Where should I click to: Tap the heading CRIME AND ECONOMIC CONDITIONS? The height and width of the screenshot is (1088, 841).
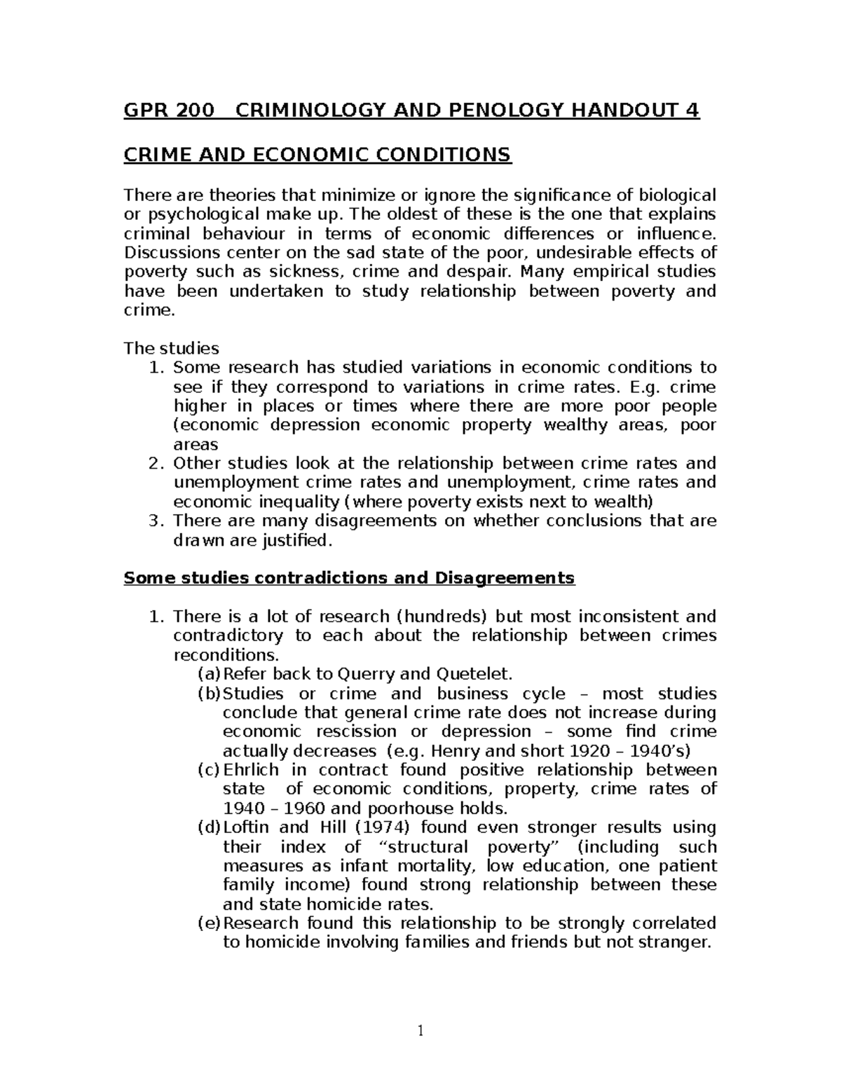coord(317,155)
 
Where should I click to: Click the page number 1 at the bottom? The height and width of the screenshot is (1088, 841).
coord(420,1031)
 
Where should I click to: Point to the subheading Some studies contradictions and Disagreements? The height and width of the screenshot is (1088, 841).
coord(348,578)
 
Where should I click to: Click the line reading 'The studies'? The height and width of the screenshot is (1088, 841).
coord(171,348)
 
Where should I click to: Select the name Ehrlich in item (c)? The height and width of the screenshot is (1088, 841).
coord(250,770)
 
